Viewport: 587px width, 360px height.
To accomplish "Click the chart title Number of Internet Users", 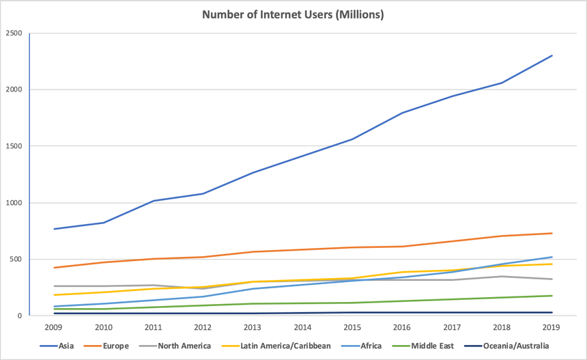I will (x=293, y=14).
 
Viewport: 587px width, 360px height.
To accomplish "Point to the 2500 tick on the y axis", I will (x=14, y=33).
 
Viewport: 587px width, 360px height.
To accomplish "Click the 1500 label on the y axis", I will (x=14, y=146).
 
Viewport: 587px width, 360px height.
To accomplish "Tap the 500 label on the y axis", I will (x=16, y=260).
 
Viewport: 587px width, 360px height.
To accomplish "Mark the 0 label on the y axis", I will (x=20, y=316).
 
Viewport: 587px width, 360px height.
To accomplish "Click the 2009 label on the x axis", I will (x=54, y=327).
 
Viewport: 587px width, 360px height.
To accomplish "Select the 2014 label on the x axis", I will (x=302, y=327).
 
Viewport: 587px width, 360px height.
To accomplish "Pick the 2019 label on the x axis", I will (x=552, y=327).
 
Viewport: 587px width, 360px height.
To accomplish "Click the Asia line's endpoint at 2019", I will (x=552, y=55).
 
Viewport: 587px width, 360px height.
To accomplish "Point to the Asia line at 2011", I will (x=154, y=201).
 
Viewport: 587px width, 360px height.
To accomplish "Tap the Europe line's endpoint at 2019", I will (x=552, y=233).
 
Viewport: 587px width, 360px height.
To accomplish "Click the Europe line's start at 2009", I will (x=54, y=268).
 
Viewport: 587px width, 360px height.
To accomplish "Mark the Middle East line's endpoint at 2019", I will (x=552, y=296).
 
